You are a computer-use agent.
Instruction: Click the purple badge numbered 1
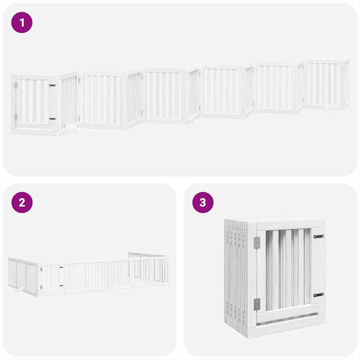pos(22,23)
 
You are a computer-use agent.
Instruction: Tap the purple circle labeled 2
pos(22,202)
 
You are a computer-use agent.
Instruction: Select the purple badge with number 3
pos(203,202)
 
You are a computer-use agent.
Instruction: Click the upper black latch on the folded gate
pos(318,237)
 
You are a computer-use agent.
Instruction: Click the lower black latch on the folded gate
pos(318,295)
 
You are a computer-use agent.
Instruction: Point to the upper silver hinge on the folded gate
pos(257,243)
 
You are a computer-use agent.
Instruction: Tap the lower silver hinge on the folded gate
pos(257,304)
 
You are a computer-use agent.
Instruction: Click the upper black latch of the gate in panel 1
pos(52,85)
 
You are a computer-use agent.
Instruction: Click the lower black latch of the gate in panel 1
pos(52,119)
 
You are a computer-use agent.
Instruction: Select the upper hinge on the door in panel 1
pos(16,85)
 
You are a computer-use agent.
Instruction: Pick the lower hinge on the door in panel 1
pos(16,118)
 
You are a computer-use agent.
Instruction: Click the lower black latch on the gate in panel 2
pos(61,286)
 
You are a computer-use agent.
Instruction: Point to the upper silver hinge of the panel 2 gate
pos(41,269)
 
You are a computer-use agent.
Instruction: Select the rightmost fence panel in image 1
pos(325,84)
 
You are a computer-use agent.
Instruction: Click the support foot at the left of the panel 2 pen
pos(21,291)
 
